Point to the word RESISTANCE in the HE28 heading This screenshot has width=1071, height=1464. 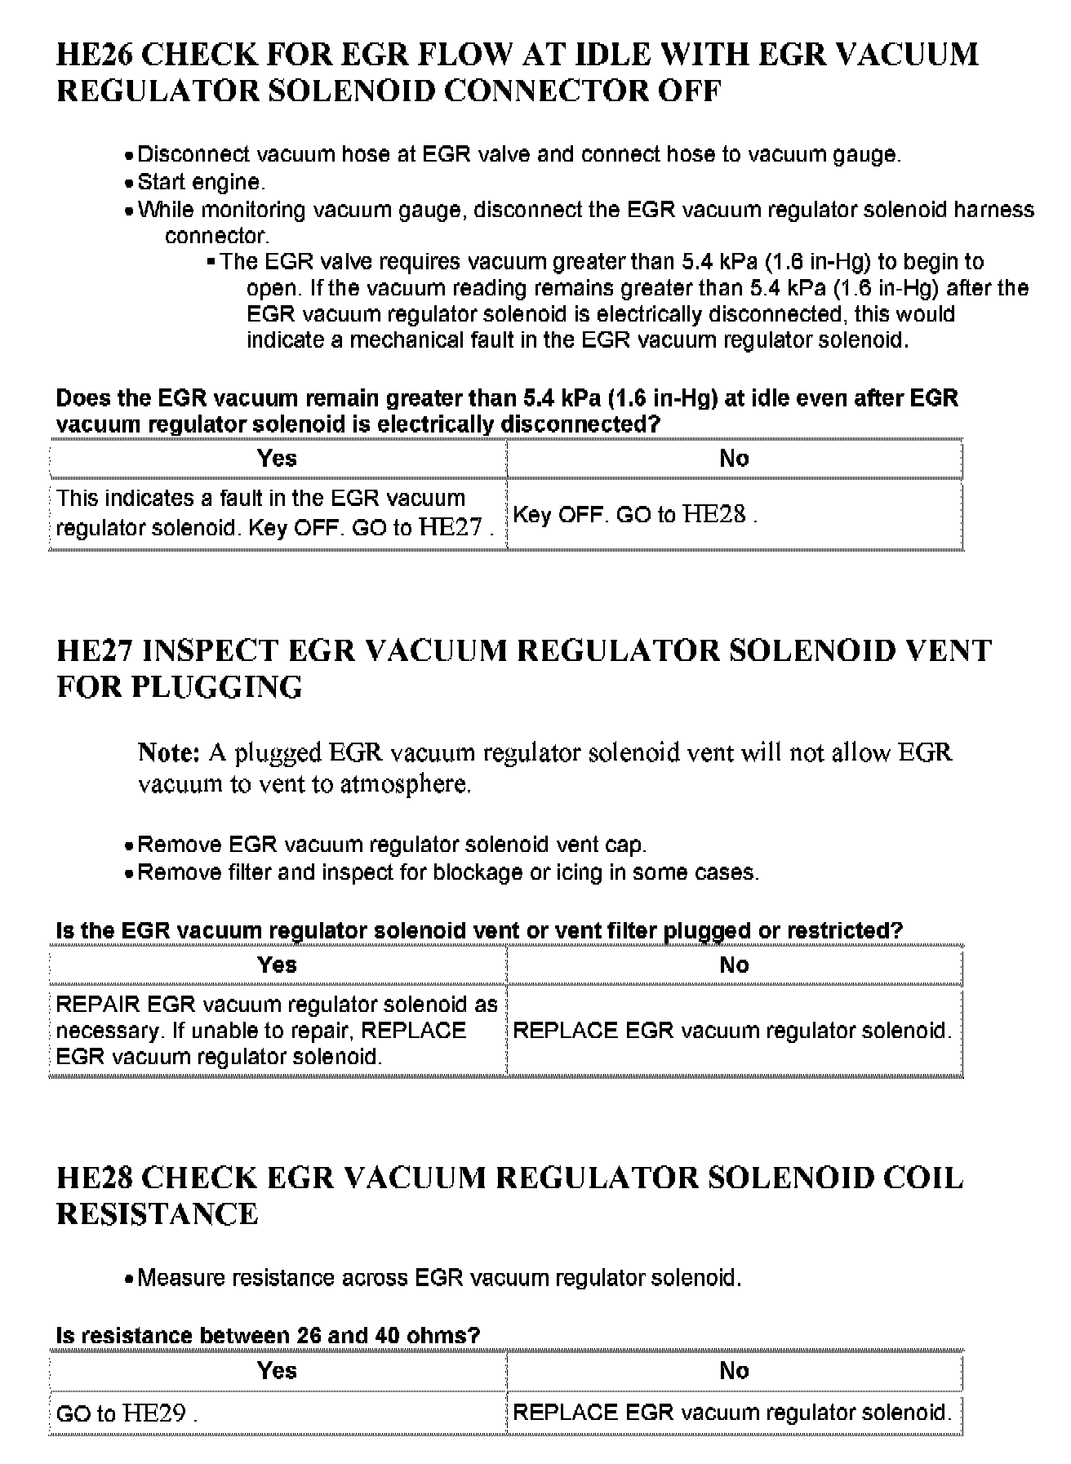[158, 1214]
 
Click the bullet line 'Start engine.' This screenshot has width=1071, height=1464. [201, 182]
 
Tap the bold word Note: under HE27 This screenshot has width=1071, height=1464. [169, 752]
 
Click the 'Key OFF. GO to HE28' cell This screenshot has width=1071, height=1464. [634, 514]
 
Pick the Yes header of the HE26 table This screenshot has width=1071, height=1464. [277, 459]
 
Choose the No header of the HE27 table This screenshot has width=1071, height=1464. [734, 965]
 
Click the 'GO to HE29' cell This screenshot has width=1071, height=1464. [126, 1413]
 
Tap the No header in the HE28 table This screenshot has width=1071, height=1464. [734, 1371]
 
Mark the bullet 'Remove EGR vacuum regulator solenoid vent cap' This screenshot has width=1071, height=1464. [392, 845]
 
